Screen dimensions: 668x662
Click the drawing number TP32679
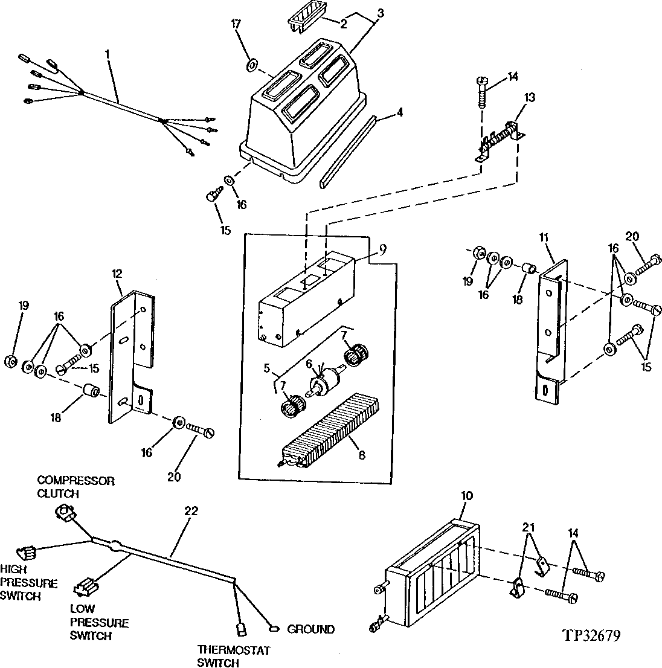(x=591, y=635)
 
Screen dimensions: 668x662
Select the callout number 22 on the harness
(x=191, y=511)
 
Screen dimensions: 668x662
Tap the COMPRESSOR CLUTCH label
(x=76, y=487)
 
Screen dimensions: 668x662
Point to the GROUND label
(x=310, y=629)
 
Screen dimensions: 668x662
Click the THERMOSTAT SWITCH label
(x=225, y=657)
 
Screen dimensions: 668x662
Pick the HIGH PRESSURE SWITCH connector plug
(x=25, y=551)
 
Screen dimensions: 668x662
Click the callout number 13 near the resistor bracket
(x=530, y=98)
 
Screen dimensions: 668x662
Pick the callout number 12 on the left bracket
(x=117, y=274)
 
